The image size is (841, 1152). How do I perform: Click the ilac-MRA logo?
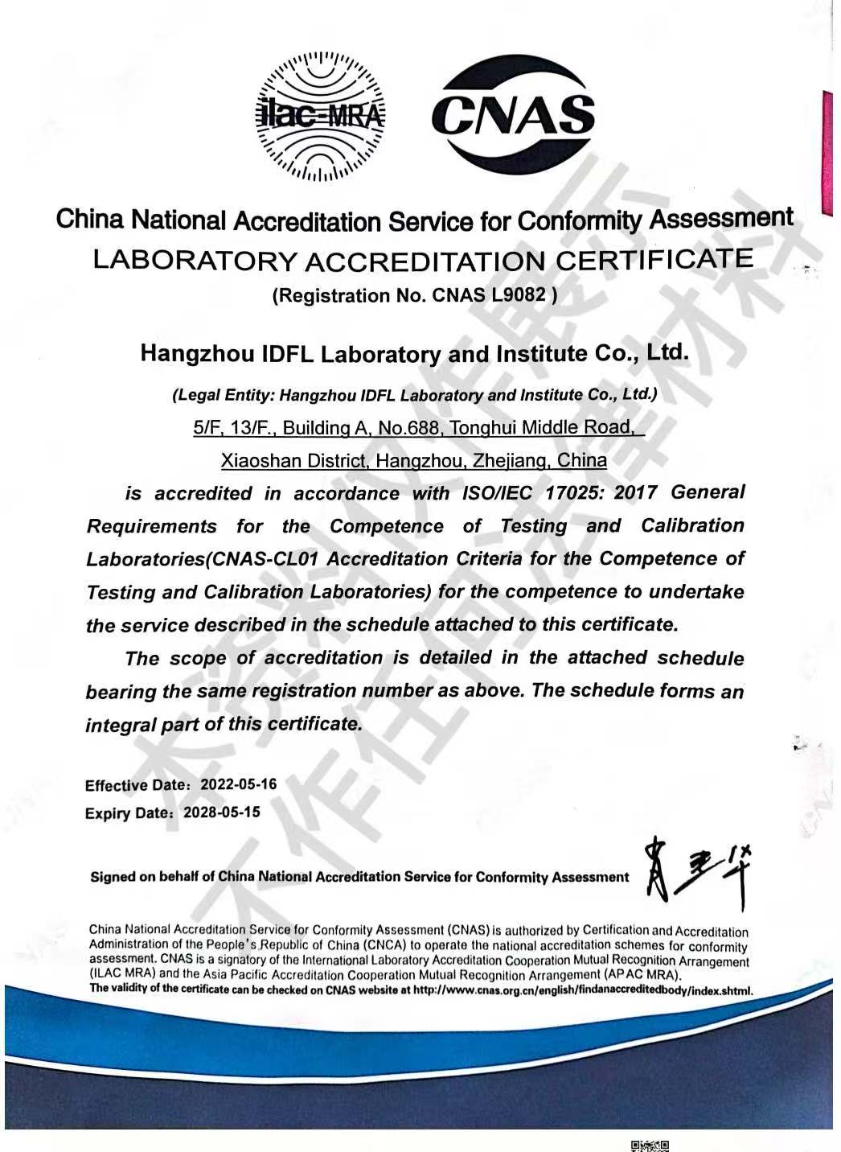pyautogui.click(x=320, y=116)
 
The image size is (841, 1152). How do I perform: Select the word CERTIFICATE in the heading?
pyautogui.click(x=655, y=259)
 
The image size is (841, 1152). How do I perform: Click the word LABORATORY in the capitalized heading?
pyautogui.click(x=195, y=261)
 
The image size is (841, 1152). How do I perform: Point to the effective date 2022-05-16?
pyautogui.click(x=238, y=784)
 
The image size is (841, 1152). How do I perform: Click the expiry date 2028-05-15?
pyautogui.click(x=222, y=812)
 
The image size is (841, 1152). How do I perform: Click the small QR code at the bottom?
pyautogui.click(x=650, y=1145)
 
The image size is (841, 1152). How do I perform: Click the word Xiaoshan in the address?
pyautogui.click(x=255, y=461)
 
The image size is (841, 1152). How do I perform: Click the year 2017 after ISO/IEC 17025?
pyautogui.click(x=635, y=492)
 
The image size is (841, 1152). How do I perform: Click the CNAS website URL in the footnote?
pyautogui.click(x=583, y=990)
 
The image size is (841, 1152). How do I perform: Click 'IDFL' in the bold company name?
pyautogui.click(x=289, y=354)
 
